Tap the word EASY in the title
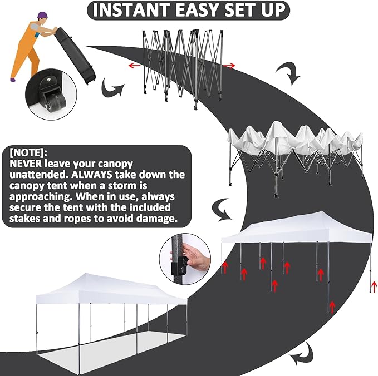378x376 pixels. pyautogui.click(x=209, y=10)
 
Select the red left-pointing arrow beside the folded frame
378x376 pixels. pyautogui.click(x=134, y=65)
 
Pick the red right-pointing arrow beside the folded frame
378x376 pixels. pyautogui.click(x=229, y=66)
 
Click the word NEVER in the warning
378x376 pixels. pyautogui.click(x=27, y=164)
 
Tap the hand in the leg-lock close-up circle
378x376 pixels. pyautogui.click(x=195, y=258)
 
